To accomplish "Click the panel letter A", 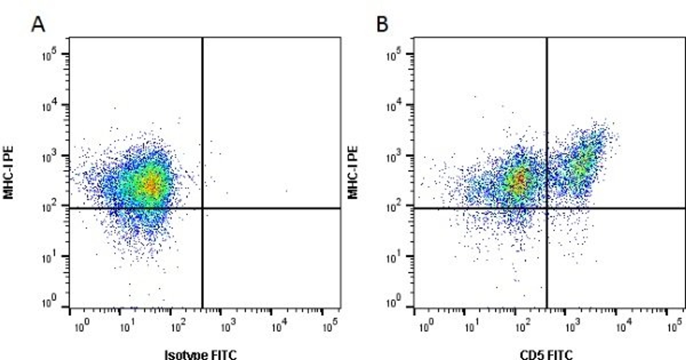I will click(38, 25).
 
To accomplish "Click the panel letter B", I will click(382, 25).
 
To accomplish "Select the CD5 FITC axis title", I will click(546, 355).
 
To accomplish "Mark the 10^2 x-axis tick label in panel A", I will click(179, 327).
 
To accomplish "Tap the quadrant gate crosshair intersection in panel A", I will click(202, 208).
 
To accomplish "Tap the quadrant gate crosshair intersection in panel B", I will click(547, 208).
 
